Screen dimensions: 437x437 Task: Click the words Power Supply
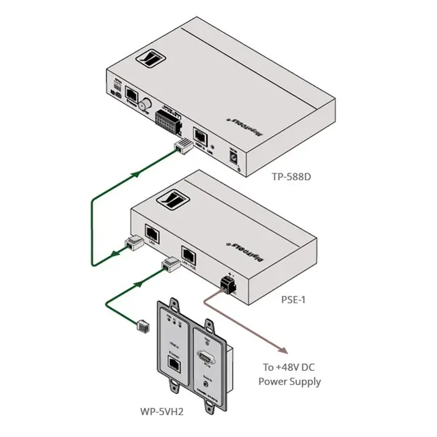(x=290, y=382)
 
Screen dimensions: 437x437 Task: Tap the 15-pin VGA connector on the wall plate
(x=206, y=357)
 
